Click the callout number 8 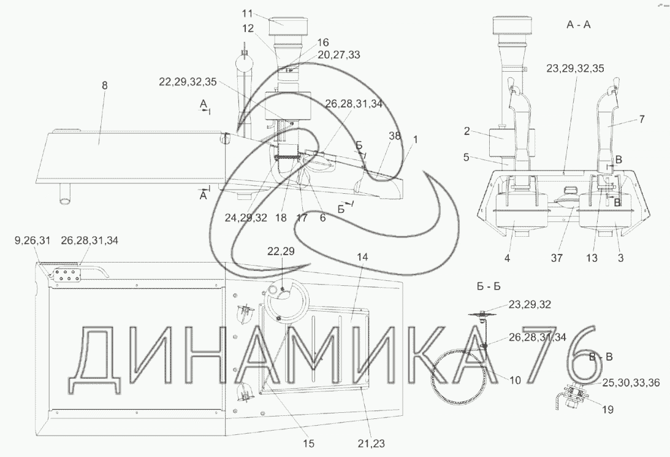click(105, 85)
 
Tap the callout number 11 click(248, 13)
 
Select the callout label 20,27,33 click(338, 55)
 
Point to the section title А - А click(579, 25)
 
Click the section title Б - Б click(489, 286)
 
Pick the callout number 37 click(557, 258)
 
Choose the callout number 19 click(607, 410)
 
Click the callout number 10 click(516, 380)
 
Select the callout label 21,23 click(371, 444)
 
